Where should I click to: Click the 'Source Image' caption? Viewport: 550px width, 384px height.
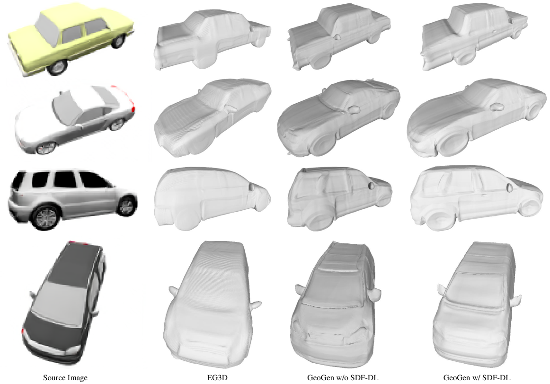[x=65, y=378]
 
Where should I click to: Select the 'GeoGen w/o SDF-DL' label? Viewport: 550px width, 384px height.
[x=343, y=378]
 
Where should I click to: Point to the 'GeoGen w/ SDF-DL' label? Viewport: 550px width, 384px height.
[x=477, y=378]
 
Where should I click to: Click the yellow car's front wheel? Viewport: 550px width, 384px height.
[x=58, y=67]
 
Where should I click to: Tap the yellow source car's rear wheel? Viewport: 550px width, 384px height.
[x=118, y=41]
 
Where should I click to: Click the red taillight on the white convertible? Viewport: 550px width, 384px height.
[x=133, y=108]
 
